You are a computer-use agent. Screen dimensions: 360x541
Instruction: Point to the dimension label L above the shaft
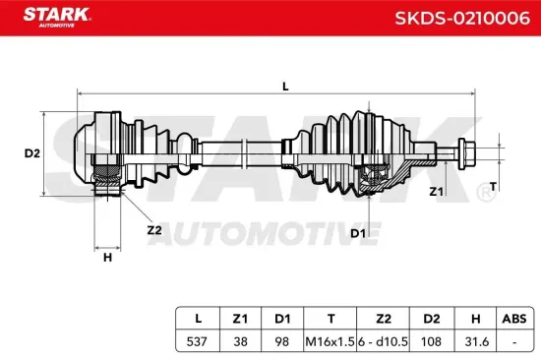click(x=285, y=87)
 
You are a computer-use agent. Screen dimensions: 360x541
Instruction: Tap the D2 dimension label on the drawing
click(x=31, y=152)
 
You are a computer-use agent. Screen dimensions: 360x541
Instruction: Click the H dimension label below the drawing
click(x=107, y=258)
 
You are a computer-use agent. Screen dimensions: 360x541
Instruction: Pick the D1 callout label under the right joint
click(x=357, y=232)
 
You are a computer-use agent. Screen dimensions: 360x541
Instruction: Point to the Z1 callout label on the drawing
click(x=436, y=191)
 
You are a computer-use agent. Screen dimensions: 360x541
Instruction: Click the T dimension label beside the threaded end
click(x=493, y=185)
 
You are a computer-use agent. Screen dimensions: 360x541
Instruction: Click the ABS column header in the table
click(x=513, y=318)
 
